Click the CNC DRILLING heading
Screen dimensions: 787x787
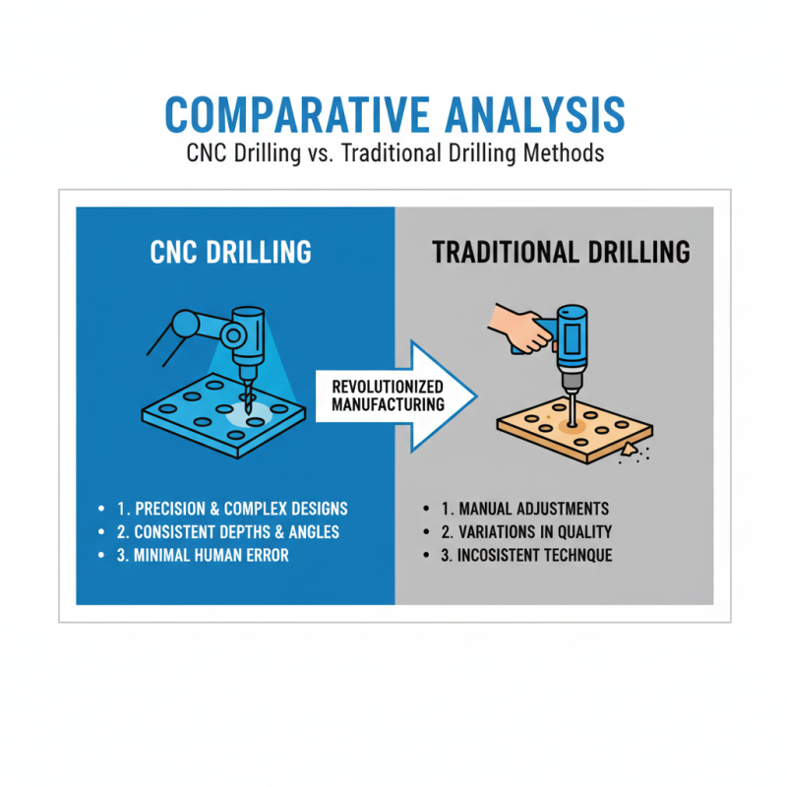tap(231, 252)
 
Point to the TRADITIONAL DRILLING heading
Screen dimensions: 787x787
tap(561, 252)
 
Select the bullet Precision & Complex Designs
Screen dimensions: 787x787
tap(232, 510)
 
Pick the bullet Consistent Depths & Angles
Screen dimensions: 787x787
tap(232, 532)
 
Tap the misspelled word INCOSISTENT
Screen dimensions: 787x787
tap(501, 555)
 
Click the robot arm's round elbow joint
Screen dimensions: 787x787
tap(184, 322)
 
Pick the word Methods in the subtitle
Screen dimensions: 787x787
tap(565, 155)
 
